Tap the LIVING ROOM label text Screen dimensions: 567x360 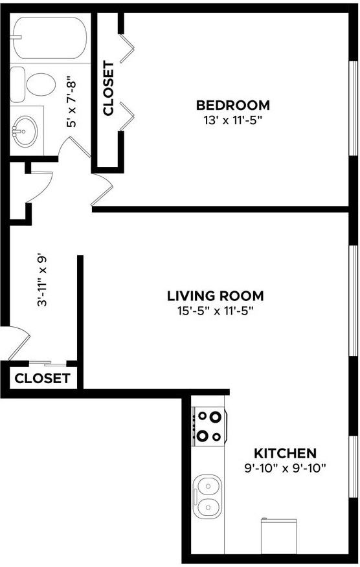(x=215, y=296)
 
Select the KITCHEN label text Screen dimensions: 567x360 (x=285, y=453)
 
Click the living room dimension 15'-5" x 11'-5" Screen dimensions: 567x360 (x=215, y=311)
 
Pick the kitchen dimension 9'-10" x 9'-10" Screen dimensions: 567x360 (x=285, y=467)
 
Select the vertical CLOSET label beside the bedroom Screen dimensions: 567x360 (x=108, y=89)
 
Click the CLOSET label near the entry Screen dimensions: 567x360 (x=42, y=379)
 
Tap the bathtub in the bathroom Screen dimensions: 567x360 (x=49, y=38)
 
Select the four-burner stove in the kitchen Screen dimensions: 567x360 (x=209, y=427)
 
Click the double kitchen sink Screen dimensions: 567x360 (x=208, y=495)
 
